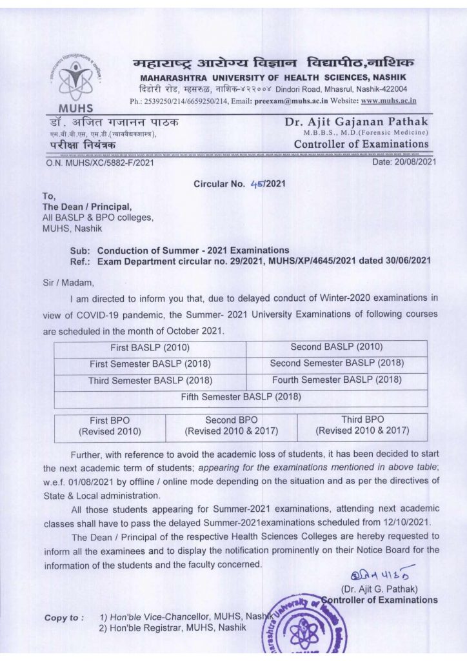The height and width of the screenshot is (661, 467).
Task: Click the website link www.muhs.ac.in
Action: (x=388, y=101)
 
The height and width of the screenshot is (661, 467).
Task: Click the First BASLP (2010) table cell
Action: (x=150, y=348)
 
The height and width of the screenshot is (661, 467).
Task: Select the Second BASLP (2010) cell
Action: (x=337, y=348)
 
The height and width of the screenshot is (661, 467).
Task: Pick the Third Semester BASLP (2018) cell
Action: (x=150, y=381)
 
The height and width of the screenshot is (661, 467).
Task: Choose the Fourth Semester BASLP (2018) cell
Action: (x=337, y=380)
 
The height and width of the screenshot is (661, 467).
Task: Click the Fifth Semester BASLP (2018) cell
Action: (x=241, y=396)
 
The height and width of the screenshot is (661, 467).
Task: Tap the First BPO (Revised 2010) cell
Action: (x=110, y=425)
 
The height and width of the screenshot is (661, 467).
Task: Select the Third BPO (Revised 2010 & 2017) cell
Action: (x=362, y=425)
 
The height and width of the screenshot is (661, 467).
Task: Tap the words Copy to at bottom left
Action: (x=63, y=618)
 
